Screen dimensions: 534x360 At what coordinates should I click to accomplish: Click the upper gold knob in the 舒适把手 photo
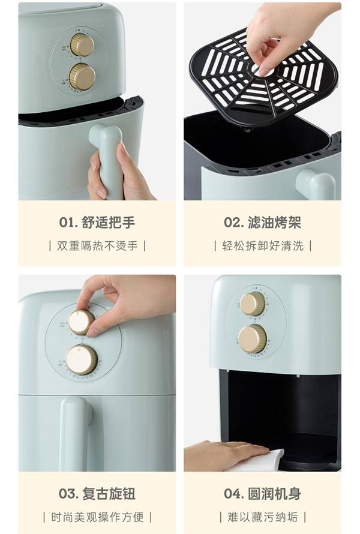(x=82, y=45)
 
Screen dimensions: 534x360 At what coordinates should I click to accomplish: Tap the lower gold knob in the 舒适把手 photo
(x=82, y=77)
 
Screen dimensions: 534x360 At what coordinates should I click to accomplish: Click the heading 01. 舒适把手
(x=97, y=223)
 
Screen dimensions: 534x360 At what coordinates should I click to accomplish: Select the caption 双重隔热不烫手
(x=97, y=246)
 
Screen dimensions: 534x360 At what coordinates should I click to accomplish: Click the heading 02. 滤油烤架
(x=262, y=223)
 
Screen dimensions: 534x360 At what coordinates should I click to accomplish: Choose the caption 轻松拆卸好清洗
(x=263, y=246)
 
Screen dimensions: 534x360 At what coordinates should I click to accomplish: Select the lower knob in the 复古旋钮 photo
(x=81, y=359)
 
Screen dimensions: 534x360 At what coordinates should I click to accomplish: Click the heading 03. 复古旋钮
(x=97, y=494)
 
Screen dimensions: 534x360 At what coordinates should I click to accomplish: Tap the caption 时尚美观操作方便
(x=97, y=517)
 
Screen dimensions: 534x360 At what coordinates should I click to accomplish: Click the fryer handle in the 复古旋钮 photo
(x=76, y=432)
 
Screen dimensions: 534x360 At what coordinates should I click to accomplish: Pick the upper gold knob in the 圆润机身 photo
(x=253, y=304)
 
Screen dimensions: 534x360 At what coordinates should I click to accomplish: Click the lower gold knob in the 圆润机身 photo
(x=253, y=338)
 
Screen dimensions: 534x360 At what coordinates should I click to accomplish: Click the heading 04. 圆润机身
(x=262, y=494)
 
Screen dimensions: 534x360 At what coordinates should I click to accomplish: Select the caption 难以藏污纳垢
(x=263, y=517)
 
